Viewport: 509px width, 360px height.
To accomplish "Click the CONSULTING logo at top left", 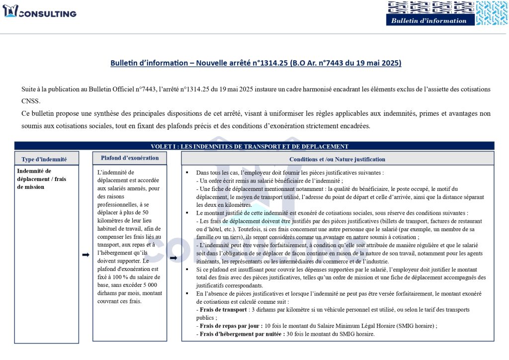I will (40, 12).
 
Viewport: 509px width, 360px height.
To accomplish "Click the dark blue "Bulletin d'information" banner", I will (429, 20).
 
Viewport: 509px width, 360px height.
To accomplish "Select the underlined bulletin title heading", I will (255, 63).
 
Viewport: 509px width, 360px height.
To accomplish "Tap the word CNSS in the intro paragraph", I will (31, 101).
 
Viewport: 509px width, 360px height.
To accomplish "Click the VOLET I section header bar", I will (254, 146).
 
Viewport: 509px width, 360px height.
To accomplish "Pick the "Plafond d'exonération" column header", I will (130, 158).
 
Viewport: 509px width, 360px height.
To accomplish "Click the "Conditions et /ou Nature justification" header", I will (337, 159).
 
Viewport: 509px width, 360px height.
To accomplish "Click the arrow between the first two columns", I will (85, 255).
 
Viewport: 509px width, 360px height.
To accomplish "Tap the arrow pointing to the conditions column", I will (173, 258).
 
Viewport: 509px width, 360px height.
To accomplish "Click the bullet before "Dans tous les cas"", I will (186, 173).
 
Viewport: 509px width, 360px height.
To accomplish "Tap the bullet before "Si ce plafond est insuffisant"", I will (186, 270).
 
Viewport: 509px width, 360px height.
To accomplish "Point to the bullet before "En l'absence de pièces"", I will (186, 293).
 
